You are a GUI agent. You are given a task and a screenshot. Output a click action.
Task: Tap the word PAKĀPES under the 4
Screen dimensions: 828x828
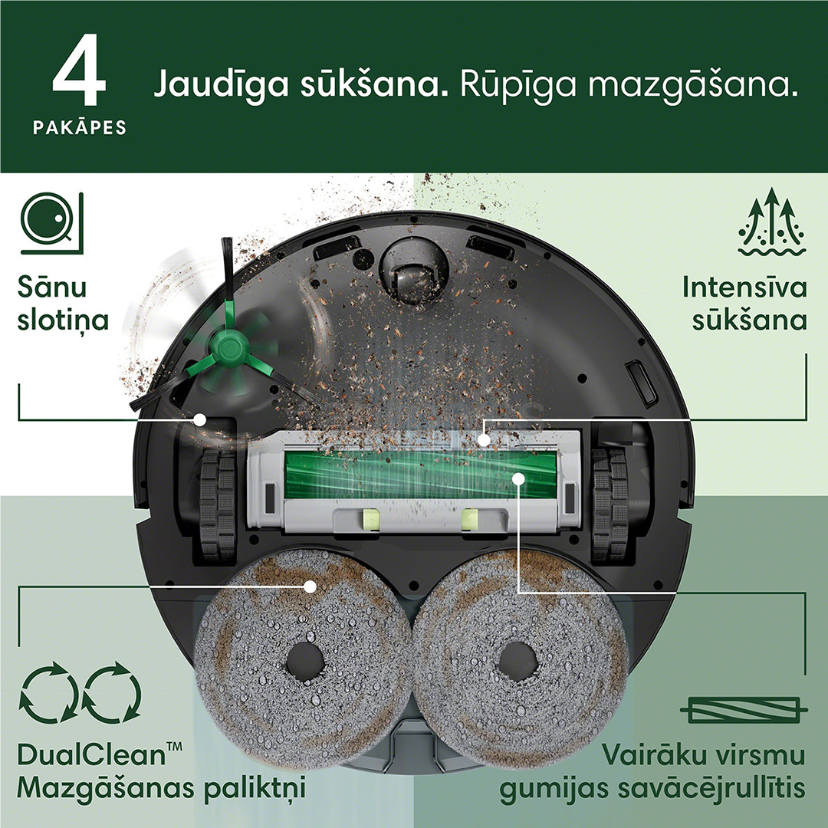pyautogui.click(x=80, y=127)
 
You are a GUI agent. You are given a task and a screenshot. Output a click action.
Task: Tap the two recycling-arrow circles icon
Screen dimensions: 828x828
pyautogui.click(x=80, y=693)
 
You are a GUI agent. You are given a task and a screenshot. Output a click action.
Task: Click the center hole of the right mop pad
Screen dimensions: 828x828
pyautogui.click(x=517, y=659)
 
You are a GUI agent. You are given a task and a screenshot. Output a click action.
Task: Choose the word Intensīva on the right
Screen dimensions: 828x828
pyautogui.click(x=744, y=288)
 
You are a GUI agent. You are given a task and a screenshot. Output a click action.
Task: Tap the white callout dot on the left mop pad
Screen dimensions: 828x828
pyautogui.click(x=310, y=586)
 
